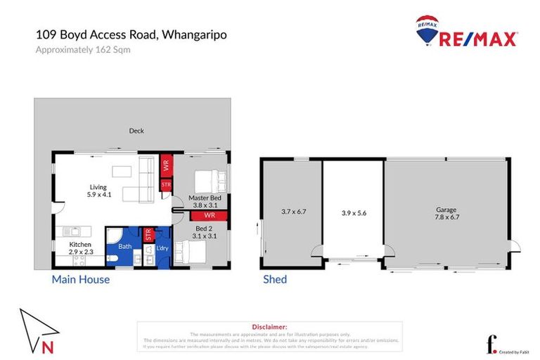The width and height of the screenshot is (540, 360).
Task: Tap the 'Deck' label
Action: point(136,130)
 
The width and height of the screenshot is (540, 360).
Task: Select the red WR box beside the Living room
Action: point(167,167)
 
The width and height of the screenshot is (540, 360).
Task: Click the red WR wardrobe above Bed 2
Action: point(209,215)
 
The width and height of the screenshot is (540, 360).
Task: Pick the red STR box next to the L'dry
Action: point(148,235)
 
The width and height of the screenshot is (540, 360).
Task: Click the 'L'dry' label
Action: point(161,248)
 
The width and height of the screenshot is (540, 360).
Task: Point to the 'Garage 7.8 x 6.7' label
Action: point(446,213)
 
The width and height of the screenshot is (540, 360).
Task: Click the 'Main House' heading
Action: point(81,279)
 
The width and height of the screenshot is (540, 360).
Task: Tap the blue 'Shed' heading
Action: point(274,279)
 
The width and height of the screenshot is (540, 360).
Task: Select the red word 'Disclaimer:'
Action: point(269,327)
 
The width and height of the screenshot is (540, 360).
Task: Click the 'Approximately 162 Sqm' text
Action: point(83,49)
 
